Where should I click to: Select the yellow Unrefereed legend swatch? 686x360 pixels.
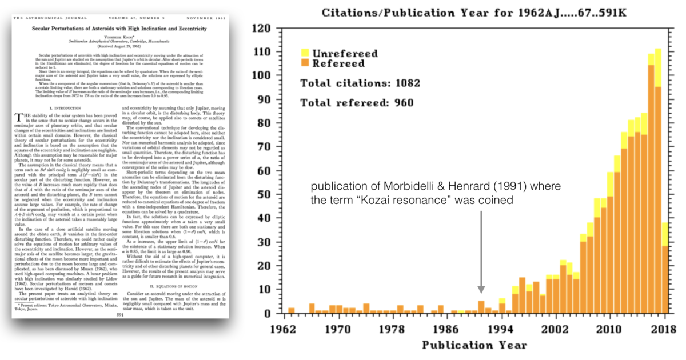click(x=306, y=53)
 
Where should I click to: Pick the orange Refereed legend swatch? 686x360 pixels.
click(x=306, y=63)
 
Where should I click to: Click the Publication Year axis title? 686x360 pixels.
click(x=474, y=345)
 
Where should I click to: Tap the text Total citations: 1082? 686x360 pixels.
click(x=360, y=83)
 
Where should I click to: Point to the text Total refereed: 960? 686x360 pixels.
click(x=357, y=103)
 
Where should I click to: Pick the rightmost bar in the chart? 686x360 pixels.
click(x=664, y=268)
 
